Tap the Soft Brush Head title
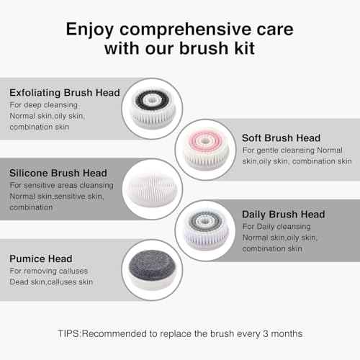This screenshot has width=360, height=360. [x=282, y=138]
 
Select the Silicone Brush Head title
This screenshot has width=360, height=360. [x=58, y=173]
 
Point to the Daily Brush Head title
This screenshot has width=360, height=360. [x=284, y=214]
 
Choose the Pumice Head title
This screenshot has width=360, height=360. [x=40, y=257]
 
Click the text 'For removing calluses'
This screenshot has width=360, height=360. [x=48, y=270]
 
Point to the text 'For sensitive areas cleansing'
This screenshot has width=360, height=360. [x=61, y=185]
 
